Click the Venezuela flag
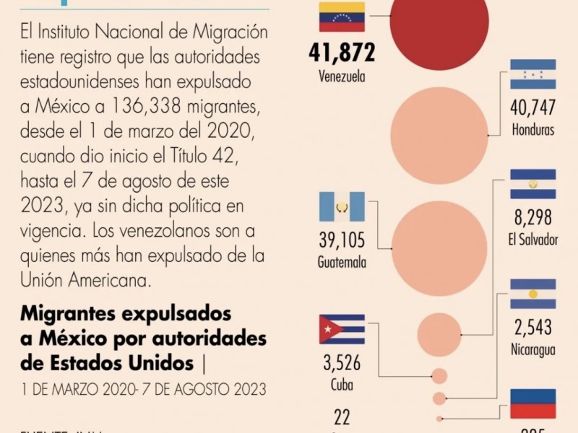pyautogui.click(x=342, y=17)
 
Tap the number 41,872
pyautogui.click(x=342, y=53)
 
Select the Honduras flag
pyautogui.click(x=532, y=74)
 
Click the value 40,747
pyautogui.click(x=532, y=108)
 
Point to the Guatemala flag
pyautogui.click(x=342, y=207)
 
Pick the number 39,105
pyautogui.click(x=342, y=240)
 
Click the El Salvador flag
pyautogui.click(x=532, y=184)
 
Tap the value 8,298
pyautogui.click(x=532, y=217)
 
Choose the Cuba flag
pyautogui.click(x=342, y=329)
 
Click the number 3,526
pyautogui.click(x=342, y=362)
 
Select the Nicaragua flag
pyautogui.click(x=532, y=294)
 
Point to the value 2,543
pyautogui.click(x=532, y=327)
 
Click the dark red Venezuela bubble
pyautogui.click(x=439, y=25)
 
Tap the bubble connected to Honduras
pyautogui.click(x=439, y=135)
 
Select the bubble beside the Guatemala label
pyautogui.click(x=439, y=248)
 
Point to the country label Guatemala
pyautogui.click(x=342, y=262)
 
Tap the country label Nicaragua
pyautogui.click(x=532, y=350)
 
